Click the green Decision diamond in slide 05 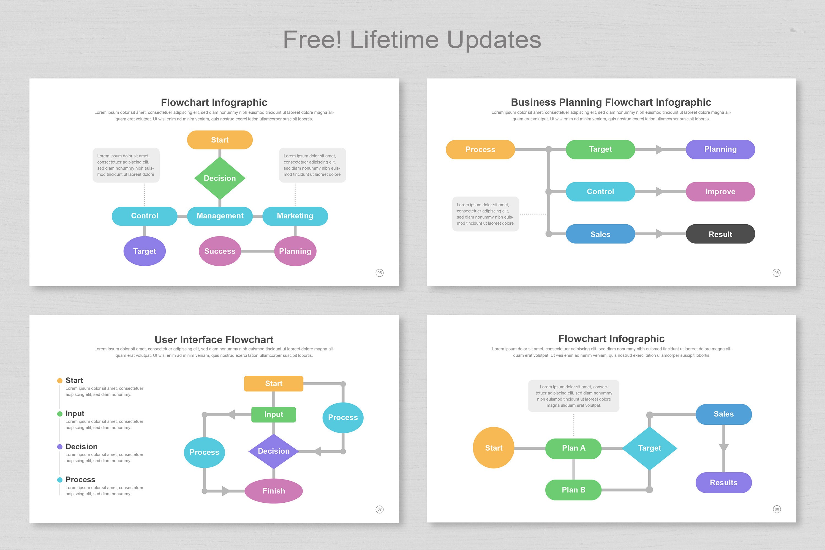click(x=220, y=178)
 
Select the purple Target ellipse click(x=145, y=251)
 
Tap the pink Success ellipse click(x=220, y=251)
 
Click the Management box click(x=220, y=216)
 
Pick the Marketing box click(x=295, y=216)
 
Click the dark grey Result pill click(x=720, y=234)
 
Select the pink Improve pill click(x=720, y=192)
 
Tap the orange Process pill click(x=480, y=149)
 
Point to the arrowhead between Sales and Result click(x=659, y=234)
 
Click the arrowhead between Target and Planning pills click(x=659, y=149)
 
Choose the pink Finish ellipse click(x=274, y=491)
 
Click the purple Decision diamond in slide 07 click(x=274, y=451)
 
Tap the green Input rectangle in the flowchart click(x=274, y=415)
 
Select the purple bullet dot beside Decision click(x=60, y=447)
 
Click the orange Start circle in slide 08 click(x=494, y=448)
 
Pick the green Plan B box click(x=573, y=490)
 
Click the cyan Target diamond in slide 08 click(x=649, y=448)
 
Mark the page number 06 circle click(x=777, y=273)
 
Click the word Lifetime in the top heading click(x=394, y=40)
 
